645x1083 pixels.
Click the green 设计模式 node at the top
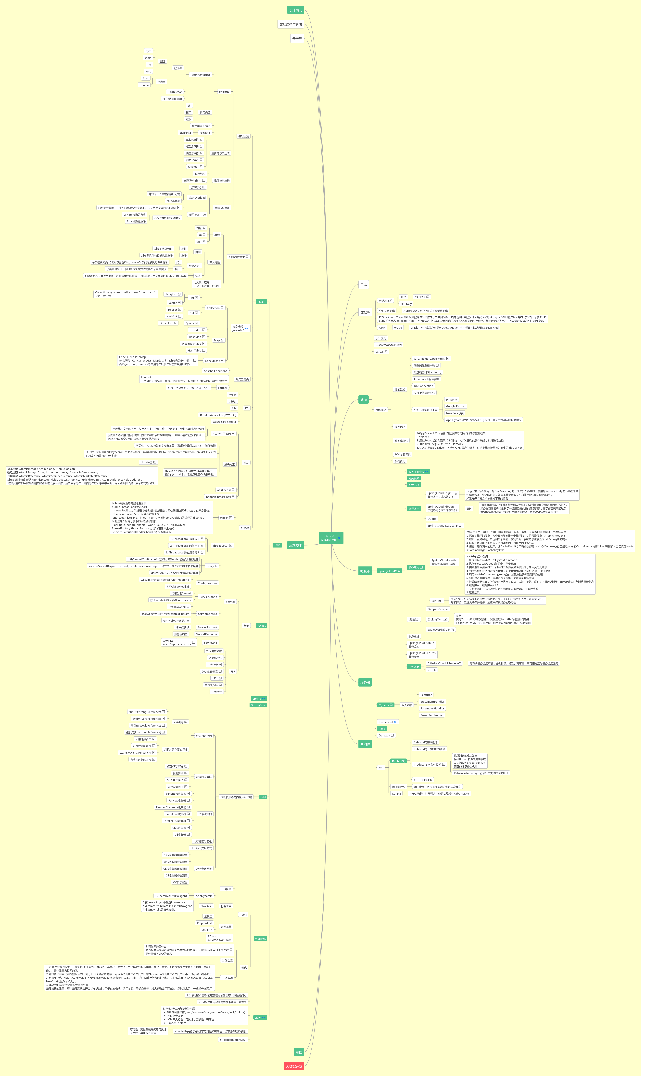pos(296,10)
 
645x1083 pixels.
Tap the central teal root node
pos(331,538)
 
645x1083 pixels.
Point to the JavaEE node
pos(261,625)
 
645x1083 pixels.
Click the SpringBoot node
pos(258,705)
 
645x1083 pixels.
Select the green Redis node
pos(382,729)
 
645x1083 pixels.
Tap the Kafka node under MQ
pos(396,793)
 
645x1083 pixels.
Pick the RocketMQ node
pos(399,786)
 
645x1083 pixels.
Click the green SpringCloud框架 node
pos(389,571)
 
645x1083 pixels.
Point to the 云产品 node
pos(297,39)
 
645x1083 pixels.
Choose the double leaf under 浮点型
pos(144,85)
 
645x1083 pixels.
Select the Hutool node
pos(222,388)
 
